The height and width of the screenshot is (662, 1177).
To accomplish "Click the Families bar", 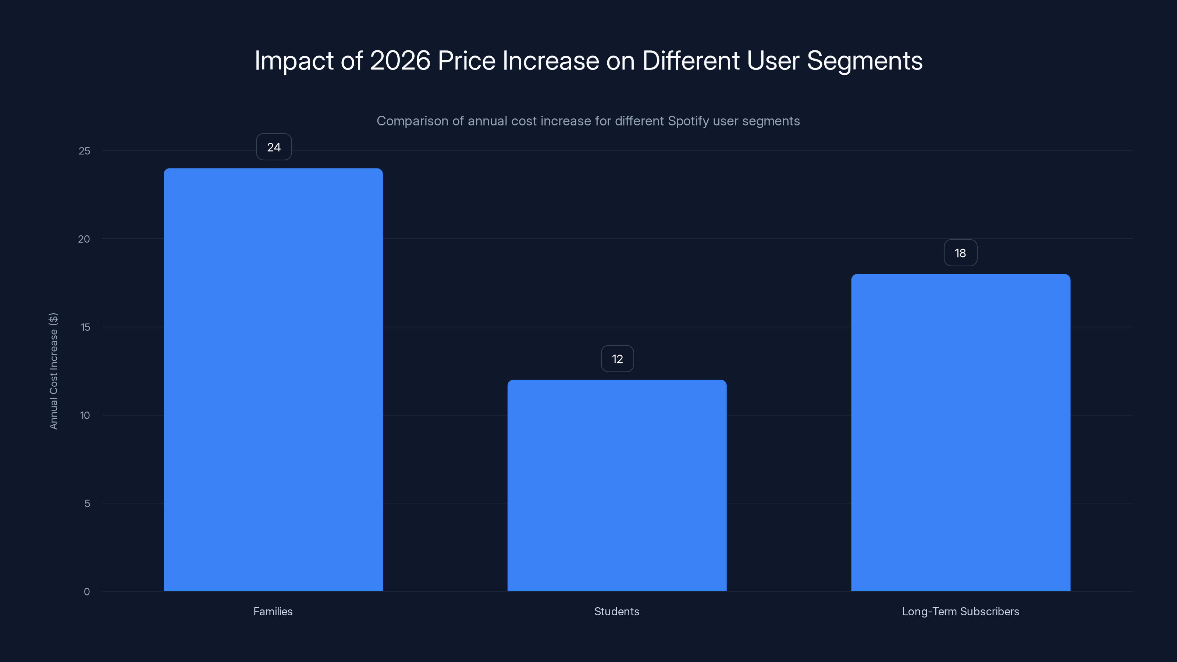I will point(273,379).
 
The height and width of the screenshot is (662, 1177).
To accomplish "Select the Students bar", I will point(617,485).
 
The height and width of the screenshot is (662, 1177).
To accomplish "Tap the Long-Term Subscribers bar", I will point(960,432).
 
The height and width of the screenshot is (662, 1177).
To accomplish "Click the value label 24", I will point(274,147).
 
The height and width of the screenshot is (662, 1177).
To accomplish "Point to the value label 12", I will point(617,359).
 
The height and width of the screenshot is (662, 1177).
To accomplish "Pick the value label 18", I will point(960,253).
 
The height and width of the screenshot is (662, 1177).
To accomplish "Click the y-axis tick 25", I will point(85,151).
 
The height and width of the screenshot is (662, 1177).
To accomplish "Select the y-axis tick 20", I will point(84,239).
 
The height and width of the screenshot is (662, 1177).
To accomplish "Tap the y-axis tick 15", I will point(85,327).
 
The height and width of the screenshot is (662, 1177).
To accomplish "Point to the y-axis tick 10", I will point(85,415).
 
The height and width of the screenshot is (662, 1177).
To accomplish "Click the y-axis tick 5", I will point(87,503).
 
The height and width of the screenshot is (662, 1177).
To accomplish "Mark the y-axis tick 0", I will point(87,592).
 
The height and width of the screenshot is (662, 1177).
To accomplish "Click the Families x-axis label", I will point(273,611).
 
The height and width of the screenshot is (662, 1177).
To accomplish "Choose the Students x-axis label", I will point(616,611).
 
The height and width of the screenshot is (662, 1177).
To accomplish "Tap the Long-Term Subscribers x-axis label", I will point(960,611).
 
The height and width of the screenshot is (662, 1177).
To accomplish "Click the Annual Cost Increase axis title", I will point(53,371).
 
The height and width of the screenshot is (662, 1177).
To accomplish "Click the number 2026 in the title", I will point(400,61).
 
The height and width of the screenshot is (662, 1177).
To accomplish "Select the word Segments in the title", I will point(864,61).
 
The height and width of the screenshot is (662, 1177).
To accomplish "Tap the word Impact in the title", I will point(294,61).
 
